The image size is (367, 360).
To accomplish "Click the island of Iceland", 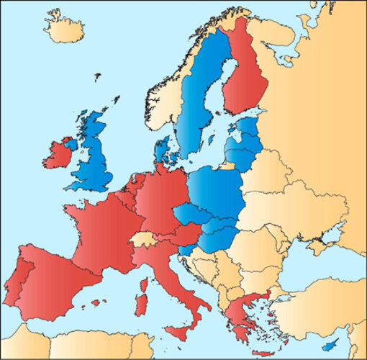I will (63, 27).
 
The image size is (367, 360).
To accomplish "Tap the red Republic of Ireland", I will (58, 154).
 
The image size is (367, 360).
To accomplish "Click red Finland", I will (245, 83).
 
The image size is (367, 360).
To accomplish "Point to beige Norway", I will (162, 108).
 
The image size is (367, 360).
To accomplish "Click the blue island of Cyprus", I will (330, 346).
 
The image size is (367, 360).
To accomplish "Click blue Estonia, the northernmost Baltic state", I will (248, 126).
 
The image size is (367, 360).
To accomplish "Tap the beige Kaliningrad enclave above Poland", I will (227, 166).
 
